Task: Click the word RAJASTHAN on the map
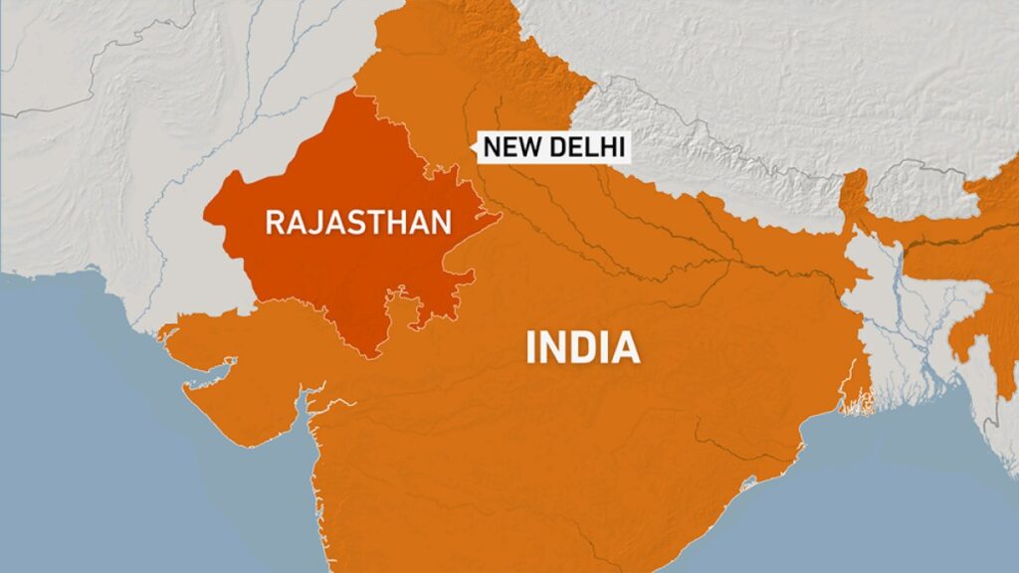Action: coord(358,221)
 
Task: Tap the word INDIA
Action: coord(582,348)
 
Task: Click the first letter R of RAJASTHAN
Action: coord(274,221)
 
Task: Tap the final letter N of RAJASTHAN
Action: coord(442,221)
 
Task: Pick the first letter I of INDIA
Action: coord(530,348)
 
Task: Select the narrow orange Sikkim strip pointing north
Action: coord(854,194)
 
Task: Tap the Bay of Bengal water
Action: coord(876,477)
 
